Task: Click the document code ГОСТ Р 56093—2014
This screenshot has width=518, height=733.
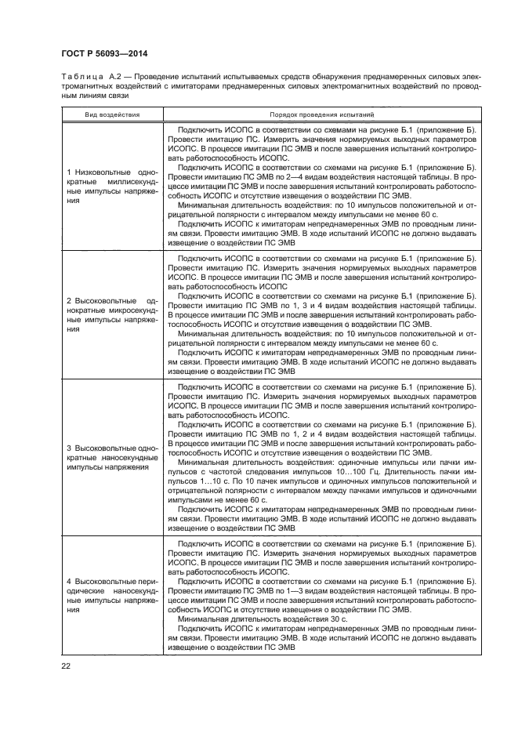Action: click(104, 53)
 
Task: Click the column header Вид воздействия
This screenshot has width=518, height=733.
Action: click(112, 114)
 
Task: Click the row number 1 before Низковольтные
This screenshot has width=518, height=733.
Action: click(69, 171)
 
